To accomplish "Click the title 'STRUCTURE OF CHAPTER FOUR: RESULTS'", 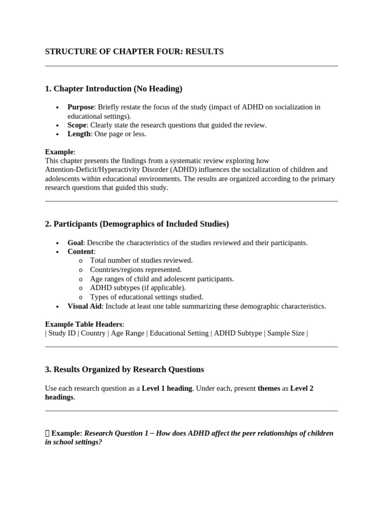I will (134, 51).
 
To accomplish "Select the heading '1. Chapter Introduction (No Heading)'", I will (114, 89).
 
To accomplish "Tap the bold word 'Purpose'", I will (80, 107).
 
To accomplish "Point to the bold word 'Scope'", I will (77, 125).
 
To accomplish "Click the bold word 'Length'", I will (79, 134).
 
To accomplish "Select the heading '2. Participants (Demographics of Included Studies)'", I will (137, 224).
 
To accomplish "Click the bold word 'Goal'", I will (75, 243).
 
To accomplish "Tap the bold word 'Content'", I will (80, 252).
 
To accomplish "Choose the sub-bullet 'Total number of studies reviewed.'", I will (141, 260).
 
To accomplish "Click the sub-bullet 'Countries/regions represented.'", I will (136, 269).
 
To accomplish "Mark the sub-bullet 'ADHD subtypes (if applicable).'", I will (138, 288).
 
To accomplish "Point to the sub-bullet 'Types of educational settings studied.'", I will (147, 297).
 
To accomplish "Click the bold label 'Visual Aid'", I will (84, 306).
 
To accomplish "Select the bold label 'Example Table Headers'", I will (84, 324).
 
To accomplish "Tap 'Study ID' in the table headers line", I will (61, 333).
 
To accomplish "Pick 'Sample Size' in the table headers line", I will (285, 333).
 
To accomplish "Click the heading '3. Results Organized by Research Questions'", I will (124, 369).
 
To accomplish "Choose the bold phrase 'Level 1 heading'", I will (167, 388).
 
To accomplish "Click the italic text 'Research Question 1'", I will (116, 433).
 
